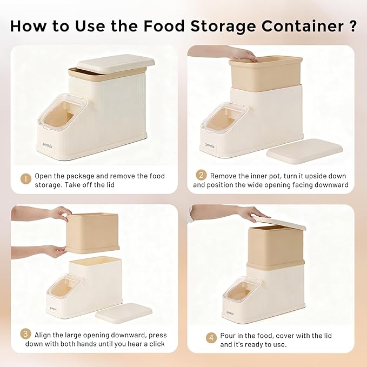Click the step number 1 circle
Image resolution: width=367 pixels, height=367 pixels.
(x=25, y=178)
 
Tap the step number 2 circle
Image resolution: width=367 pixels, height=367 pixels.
(x=201, y=176)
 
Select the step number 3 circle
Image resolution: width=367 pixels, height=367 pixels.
(x=25, y=334)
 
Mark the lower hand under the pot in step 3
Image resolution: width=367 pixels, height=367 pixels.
(x=55, y=251)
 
